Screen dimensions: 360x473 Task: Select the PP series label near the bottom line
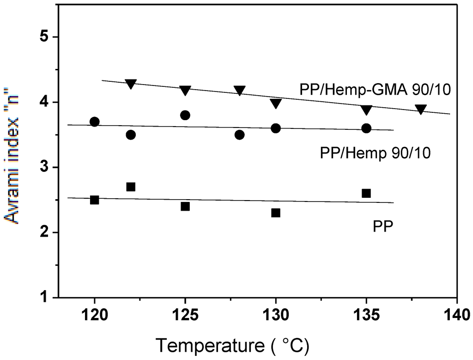[383, 226]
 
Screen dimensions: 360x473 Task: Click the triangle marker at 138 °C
[421, 110]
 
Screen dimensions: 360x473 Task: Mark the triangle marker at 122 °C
[131, 84]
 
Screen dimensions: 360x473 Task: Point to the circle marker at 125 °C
[185, 115]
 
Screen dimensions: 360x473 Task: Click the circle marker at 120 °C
[95, 122]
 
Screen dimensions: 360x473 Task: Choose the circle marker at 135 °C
[366, 128]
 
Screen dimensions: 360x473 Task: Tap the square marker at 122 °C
[131, 187]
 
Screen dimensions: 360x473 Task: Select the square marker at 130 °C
[276, 213]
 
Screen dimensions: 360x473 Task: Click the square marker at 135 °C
[366, 193]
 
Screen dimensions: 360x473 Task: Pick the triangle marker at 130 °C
[276, 104]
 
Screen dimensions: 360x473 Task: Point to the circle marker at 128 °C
[239, 134]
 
